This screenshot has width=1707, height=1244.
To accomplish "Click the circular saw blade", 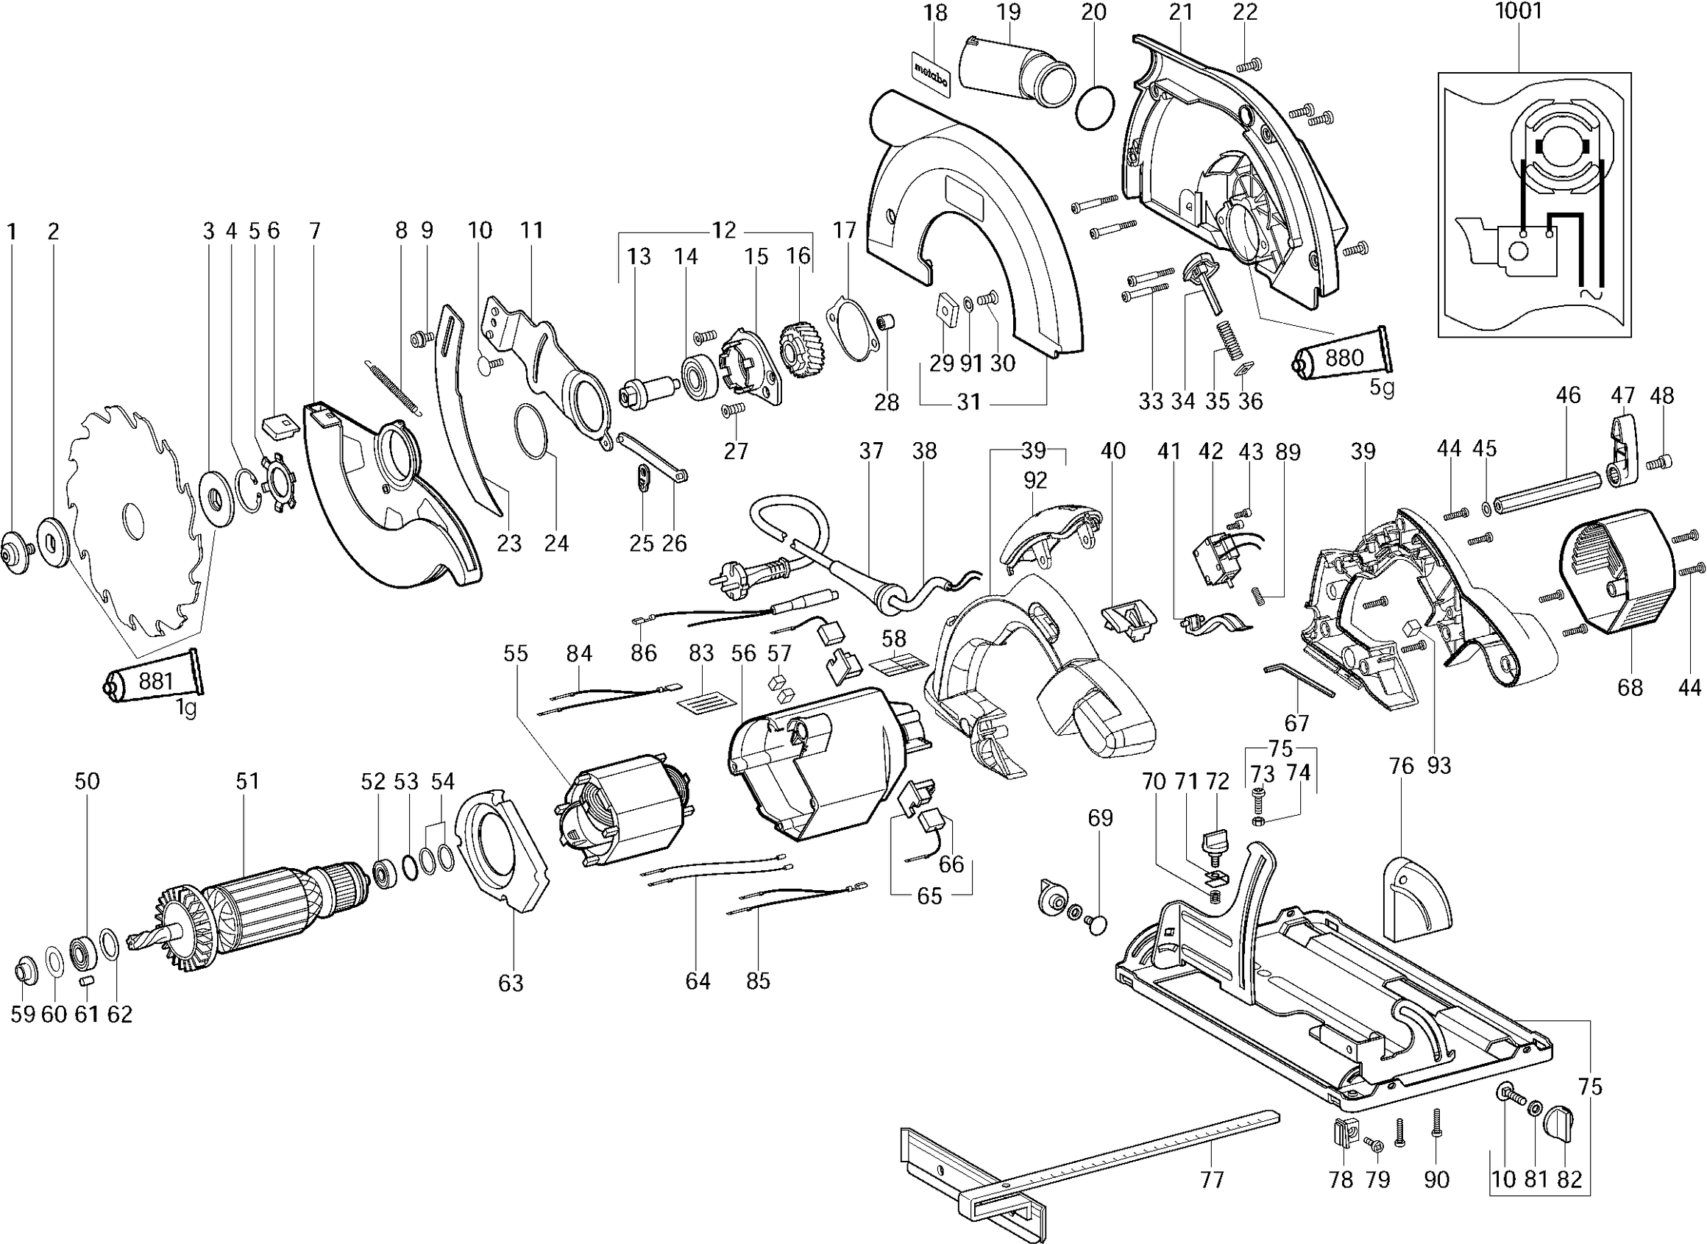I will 132,519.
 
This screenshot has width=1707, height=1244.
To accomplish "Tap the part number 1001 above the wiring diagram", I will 1518,11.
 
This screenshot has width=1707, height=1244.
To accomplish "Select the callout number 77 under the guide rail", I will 1212,1179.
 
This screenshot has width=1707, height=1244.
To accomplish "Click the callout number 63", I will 511,983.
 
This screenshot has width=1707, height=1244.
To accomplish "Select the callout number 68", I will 1630,687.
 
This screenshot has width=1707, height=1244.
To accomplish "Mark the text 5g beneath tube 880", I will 1382,388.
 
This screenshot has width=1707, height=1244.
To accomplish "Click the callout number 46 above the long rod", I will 1569,394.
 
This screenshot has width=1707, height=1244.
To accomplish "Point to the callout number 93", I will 1438,765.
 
